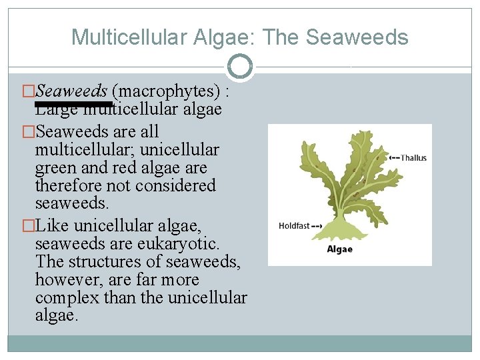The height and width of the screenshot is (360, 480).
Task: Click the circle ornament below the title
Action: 239,67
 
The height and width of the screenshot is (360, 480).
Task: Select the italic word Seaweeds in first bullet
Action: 71,91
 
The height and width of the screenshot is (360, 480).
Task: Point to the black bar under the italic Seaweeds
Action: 73,104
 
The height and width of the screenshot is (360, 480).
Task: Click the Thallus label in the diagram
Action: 413,158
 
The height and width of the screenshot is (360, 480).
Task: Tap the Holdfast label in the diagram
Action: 294,226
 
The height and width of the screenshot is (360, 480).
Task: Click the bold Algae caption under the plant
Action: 339,249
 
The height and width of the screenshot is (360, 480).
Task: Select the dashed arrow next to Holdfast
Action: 317,226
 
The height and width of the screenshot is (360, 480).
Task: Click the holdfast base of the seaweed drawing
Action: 341,231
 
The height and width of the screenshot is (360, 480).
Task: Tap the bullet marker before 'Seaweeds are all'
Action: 29,132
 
